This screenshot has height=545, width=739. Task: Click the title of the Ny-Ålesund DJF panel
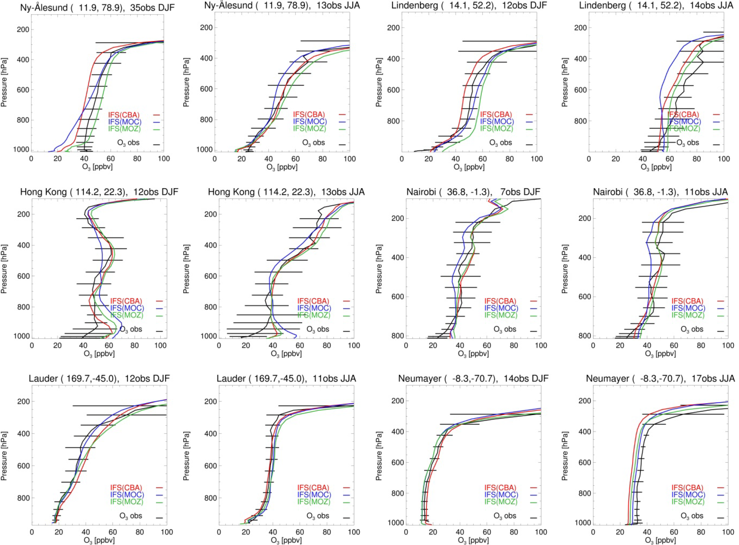point(97,7)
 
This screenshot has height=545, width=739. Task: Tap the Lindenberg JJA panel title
point(656,6)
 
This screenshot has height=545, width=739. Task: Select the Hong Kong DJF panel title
point(99,192)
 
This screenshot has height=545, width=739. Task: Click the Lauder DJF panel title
point(99,379)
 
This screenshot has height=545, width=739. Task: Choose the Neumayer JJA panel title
point(660,379)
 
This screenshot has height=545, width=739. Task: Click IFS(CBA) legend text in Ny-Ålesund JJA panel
point(309,115)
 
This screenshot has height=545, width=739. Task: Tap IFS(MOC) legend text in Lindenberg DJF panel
point(496,122)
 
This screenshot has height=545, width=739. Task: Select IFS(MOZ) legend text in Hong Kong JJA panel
point(314,315)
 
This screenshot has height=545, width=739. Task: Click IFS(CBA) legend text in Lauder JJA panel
point(314,488)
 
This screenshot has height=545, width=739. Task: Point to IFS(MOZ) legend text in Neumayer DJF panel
point(501,502)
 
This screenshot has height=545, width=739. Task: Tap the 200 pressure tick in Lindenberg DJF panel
point(393,28)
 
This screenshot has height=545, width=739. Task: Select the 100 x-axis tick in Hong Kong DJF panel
point(160,345)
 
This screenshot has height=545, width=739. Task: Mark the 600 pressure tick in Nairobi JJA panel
point(584,297)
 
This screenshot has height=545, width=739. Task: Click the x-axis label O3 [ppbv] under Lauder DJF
point(99,540)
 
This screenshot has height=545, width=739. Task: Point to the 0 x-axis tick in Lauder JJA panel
point(219,532)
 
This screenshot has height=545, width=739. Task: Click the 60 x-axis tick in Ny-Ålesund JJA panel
point(295,159)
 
